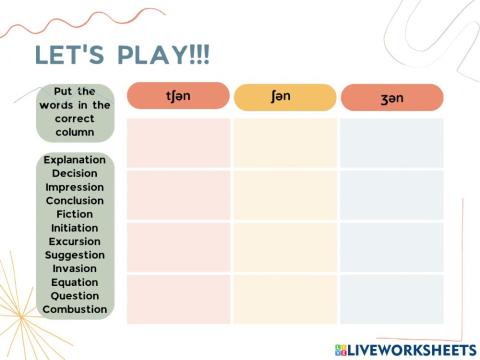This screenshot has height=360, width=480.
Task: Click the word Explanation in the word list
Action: click(75, 160)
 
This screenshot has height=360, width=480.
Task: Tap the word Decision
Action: click(75, 173)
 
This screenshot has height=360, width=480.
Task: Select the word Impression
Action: click(75, 187)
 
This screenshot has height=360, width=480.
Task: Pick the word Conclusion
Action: click(75, 201)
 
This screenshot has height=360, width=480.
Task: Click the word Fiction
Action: click(75, 214)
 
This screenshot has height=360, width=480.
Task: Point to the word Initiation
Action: click(75, 228)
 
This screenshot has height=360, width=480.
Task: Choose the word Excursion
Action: click(75, 241)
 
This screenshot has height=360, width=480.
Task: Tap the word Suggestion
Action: click(75, 255)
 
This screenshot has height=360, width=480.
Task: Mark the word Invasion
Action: click(75, 268)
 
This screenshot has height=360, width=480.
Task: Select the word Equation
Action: click(75, 282)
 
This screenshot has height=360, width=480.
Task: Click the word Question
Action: click(75, 295)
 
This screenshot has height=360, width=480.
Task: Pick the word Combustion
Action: click(75, 309)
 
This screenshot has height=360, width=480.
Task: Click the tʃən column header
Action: click(177, 97)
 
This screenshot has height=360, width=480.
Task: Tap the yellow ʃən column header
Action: click(285, 98)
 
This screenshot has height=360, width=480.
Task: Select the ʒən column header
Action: click(391, 98)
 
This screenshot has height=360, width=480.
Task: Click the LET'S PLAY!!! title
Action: click(122, 53)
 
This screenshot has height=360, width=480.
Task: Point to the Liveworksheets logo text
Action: click(410, 349)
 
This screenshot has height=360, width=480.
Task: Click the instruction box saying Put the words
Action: click(75, 112)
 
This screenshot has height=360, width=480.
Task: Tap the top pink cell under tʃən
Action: click(178, 143)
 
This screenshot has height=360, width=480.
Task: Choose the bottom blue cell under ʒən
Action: click(391, 299)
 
